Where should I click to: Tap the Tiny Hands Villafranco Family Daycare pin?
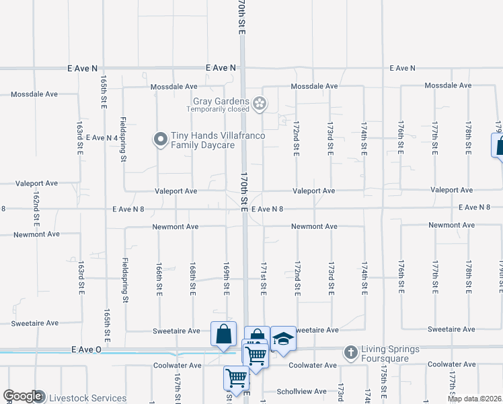(161, 140)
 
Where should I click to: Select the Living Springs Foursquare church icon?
(350, 352)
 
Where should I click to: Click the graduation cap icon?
(283, 339)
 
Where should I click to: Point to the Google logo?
(22, 397)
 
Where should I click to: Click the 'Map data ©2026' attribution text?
(475, 399)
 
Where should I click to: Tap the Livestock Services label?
(88, 399)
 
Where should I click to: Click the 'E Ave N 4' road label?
(102, 137)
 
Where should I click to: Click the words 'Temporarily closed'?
(218, 109)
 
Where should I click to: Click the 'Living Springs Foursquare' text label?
(390, 353)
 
